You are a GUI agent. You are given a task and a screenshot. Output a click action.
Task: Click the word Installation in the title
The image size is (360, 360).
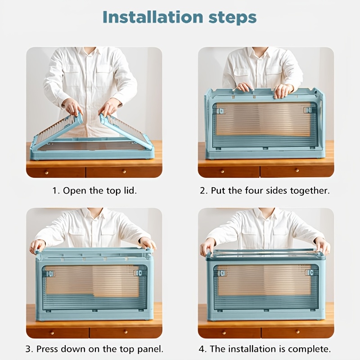[x=153, y=17]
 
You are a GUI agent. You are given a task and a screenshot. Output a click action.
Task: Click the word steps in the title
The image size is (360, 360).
[x=232, y=18]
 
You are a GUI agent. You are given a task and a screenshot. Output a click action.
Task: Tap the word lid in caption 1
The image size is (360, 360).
[x=130, y=190]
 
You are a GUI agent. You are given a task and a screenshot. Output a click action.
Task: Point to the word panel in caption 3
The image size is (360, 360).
[x=150, y=349]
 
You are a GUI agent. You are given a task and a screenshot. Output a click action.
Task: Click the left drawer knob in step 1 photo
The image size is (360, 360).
[x=47, y=172]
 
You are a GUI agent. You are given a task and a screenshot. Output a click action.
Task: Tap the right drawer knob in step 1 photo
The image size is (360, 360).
[x=124, y=171]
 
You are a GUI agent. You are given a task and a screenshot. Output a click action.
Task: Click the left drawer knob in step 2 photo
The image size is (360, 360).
[x=222, y=171]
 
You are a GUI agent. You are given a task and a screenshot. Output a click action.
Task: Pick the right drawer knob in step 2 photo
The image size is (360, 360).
[x=297, y=171]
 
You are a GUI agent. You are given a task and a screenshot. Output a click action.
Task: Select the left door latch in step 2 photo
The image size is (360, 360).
[x=220, y=111]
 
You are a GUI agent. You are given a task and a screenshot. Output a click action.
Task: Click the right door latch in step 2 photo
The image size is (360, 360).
[x=308, y=110]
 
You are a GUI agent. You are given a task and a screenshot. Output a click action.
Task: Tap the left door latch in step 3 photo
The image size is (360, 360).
[x=50, y=274]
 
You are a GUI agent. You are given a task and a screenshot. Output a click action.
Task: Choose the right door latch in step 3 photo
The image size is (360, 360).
[x=138, y=273]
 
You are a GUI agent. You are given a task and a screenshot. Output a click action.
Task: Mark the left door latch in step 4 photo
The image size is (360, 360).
[x=221, y=273]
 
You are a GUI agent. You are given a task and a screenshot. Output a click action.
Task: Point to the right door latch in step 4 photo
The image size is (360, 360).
[x=309, y=273]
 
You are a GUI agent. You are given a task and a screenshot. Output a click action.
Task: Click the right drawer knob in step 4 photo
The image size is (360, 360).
[x=298, y=332]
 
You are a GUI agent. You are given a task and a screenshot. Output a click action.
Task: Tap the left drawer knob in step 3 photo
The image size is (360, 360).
[x=52, y=333]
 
